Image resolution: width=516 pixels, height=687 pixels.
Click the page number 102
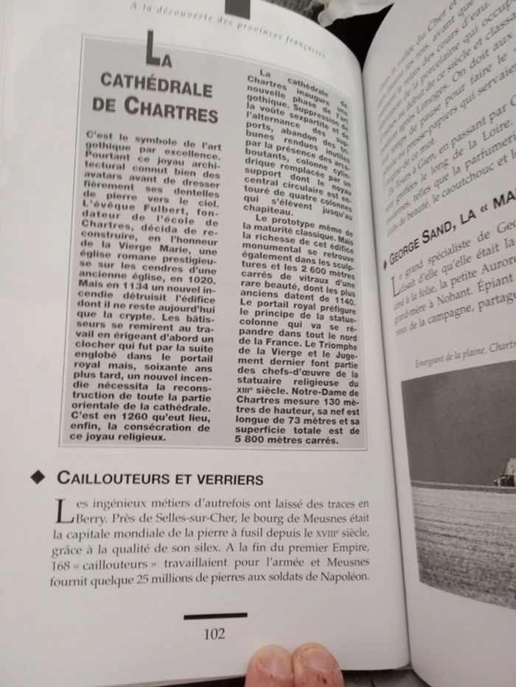pyautogui.click(x=215, y=633)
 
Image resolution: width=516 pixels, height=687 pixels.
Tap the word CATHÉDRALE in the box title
pyautogui.click(x=156, y=82)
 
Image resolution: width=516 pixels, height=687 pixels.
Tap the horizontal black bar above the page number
pyautogui.click(x=215, y=615)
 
